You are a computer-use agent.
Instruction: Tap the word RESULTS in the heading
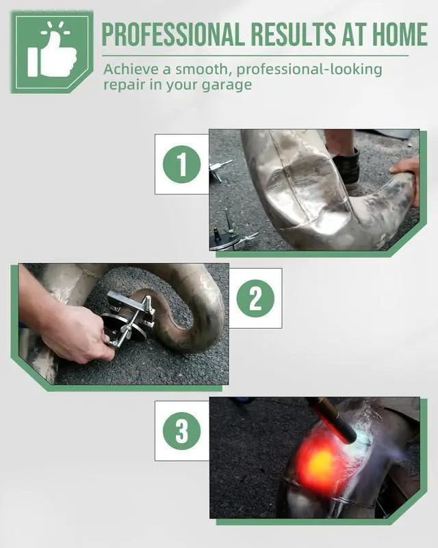pos(293,34)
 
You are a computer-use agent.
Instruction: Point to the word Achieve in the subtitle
pos(131,69)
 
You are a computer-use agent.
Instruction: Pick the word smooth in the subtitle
pos(203,70)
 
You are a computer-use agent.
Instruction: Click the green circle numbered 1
pos(181,164)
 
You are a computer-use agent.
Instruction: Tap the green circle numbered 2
pos(255,299)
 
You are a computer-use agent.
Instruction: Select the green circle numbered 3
pos(181,431)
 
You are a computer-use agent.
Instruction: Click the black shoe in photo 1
pos(346,167)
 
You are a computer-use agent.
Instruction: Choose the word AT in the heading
pos(353,34)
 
